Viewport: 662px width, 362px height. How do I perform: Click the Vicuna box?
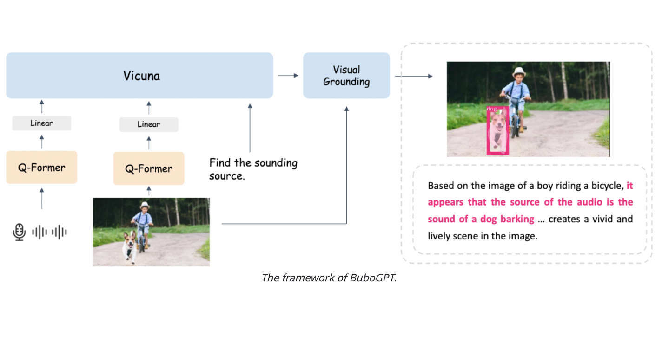[x=139, y=75]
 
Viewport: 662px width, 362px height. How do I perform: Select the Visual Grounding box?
[x=346, y=75]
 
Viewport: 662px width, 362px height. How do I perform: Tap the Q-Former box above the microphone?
[x=41, y=167]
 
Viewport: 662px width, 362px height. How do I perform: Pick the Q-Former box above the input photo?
[x=149, y=168]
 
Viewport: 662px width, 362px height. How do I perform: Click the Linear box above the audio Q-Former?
[x=41, y=123]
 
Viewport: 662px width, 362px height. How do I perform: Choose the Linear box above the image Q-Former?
[x=149, y=124]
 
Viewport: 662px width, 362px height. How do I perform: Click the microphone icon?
[x=19, y=232]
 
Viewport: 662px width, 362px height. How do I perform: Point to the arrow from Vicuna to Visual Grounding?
[x=288, y=75]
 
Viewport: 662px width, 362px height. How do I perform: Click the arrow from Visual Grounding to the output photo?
[x=414, y=76]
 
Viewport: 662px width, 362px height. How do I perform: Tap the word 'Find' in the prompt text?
[x=219, y=163]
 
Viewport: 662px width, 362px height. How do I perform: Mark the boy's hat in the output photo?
[x=519, y=72]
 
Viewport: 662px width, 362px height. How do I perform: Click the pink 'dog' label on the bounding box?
[x=492, y=109]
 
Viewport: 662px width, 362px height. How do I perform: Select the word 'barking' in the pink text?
[x=517, y=219]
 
